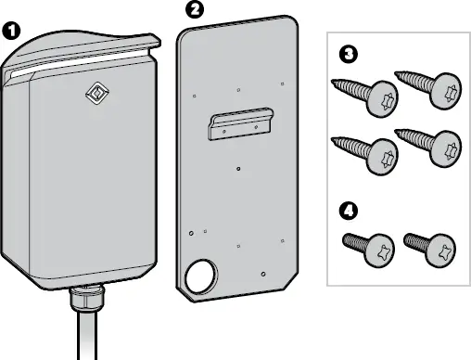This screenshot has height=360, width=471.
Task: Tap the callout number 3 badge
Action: [346, 55]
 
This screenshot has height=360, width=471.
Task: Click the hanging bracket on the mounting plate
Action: [240, 125]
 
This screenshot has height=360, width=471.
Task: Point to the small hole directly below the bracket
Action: [239, 169]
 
